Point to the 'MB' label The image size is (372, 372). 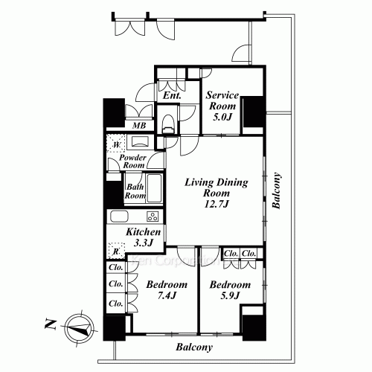tap(139, 126)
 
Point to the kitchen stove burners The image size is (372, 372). tap(153, 217)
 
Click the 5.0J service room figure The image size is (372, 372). tap(222, 117)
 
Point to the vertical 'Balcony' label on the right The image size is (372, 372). tap(276, 192)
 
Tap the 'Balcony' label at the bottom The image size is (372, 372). tap(195, 347)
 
